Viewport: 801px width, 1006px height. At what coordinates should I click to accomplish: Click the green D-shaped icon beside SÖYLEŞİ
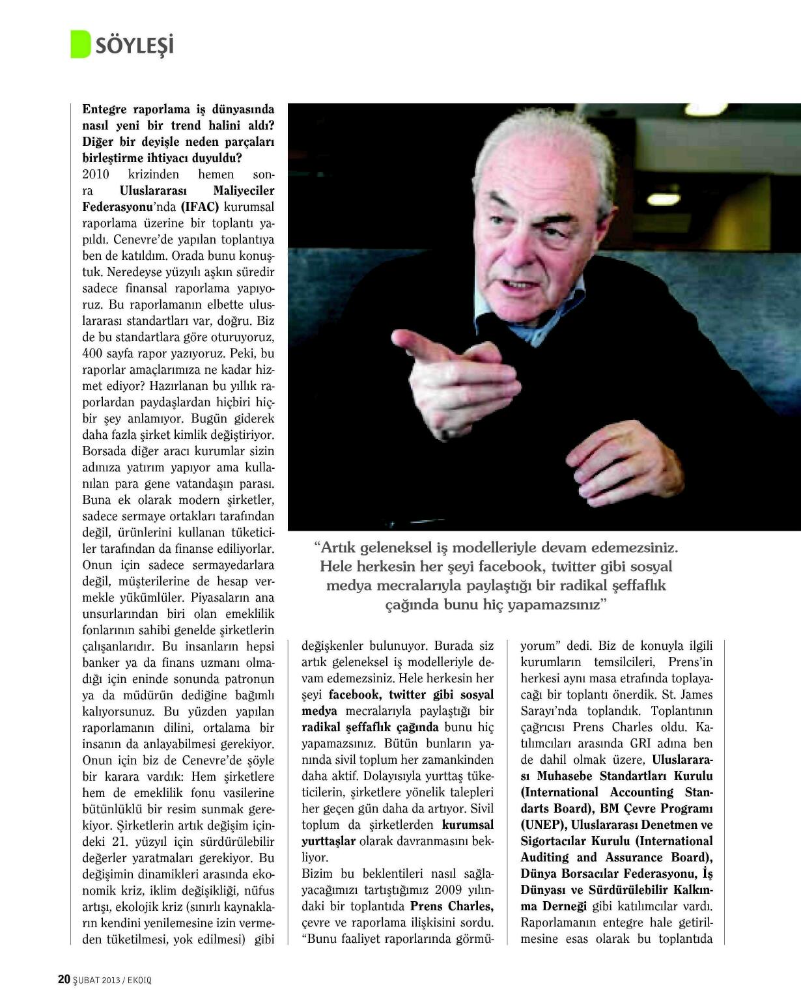click(x=80, y=44)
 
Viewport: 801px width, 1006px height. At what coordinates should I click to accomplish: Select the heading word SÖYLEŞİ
click(x=135, y=46)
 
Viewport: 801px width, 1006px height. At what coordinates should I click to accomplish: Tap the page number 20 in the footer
click(x=64, y=979)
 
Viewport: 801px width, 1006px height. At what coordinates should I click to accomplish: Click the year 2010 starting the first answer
click(x=97, y=175)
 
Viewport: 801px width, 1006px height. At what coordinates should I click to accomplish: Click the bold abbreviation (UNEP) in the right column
click(x=542, y=824)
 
